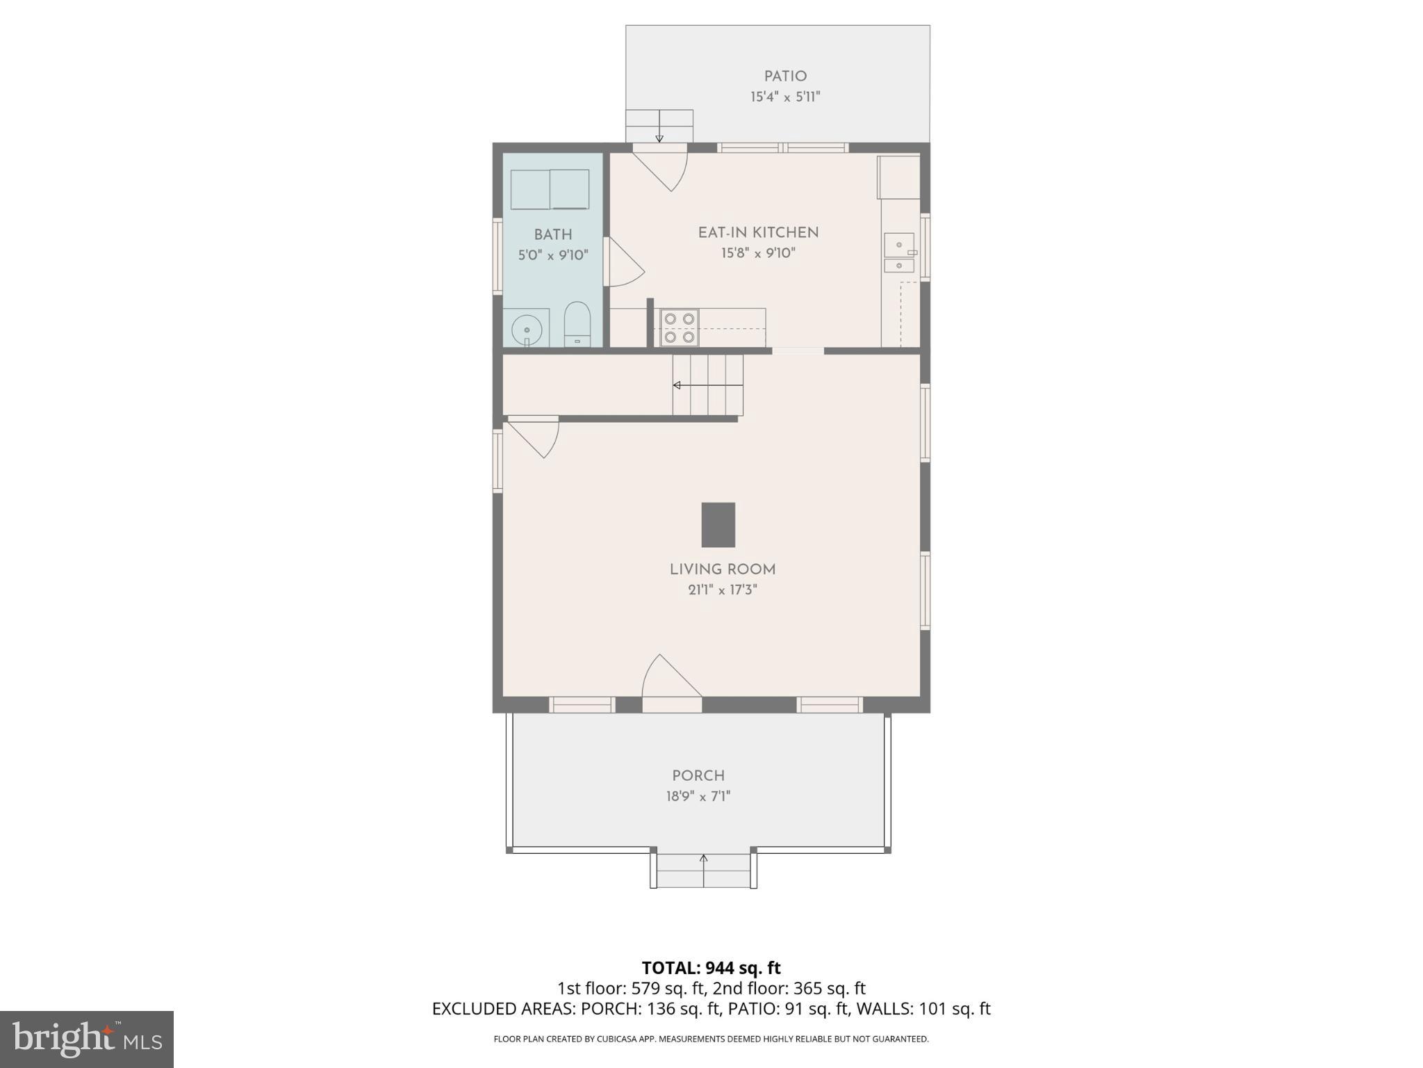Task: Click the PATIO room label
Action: click(785, 76)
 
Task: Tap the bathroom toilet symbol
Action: click(577, 325)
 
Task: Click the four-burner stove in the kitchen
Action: click(680, 327)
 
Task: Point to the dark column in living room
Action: click(718, 525)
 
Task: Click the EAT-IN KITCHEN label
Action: click(758, 233)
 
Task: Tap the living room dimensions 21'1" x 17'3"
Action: click(722, 590)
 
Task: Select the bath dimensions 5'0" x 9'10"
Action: click(553, 255)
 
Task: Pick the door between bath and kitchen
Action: click(622, 262)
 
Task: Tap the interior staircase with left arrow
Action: click(707, 385)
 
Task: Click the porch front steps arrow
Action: click(703, 871)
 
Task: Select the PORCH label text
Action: click(698, 775)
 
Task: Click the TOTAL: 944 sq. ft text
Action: click(711, 968)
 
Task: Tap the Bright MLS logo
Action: click(86, 1039)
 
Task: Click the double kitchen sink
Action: click(899, 254)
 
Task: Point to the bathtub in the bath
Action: click(550, 189)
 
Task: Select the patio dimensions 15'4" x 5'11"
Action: click(785, 97)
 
